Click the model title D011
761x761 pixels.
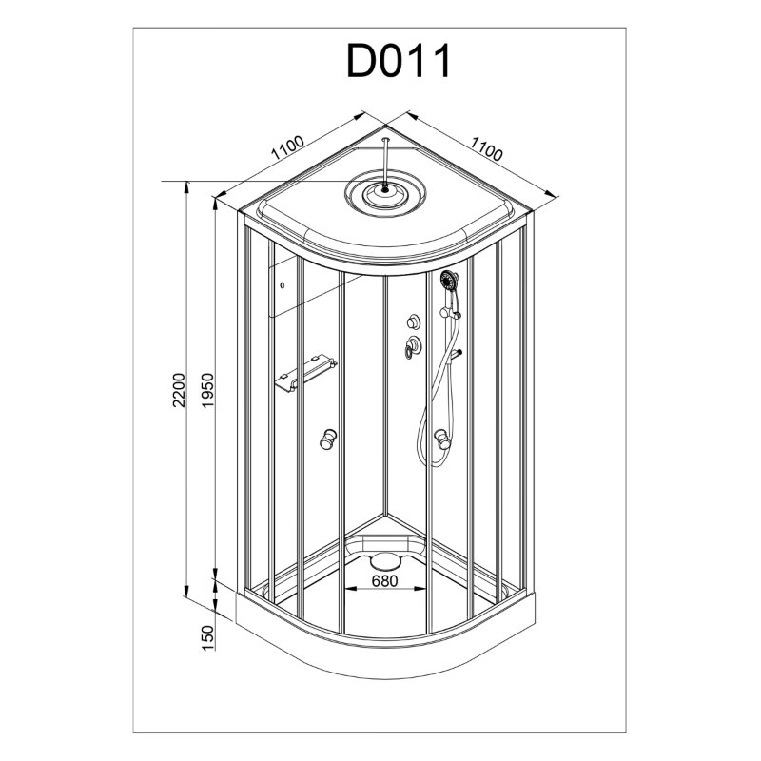399,61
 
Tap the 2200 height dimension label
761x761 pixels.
179,390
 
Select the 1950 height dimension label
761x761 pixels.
207,390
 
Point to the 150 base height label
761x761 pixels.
207,637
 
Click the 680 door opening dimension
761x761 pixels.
384,580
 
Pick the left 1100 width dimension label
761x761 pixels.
288,147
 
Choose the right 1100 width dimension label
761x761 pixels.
486,148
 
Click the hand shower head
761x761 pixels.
449,280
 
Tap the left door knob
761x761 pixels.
328,439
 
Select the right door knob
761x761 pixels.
442,439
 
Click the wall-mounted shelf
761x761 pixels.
305,373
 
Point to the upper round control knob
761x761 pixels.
414,322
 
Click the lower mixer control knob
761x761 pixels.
413,347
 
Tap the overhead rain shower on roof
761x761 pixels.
385,191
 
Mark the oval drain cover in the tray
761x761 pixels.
385,562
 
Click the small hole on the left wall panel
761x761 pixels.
283,285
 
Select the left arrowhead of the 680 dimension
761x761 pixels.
349,589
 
